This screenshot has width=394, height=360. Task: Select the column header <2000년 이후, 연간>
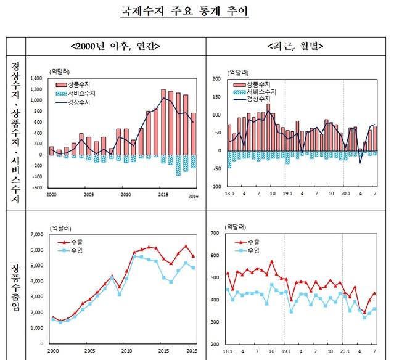116,46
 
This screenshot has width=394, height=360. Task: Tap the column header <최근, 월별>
297,46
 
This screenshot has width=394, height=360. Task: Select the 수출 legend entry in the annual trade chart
71,242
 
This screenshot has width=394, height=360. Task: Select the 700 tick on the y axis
217,233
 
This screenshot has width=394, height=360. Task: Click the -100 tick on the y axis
216,186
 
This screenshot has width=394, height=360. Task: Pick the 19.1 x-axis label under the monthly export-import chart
284,350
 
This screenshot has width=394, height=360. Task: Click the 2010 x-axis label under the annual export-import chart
126,350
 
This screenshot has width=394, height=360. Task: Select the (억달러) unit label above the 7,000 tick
59,227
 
